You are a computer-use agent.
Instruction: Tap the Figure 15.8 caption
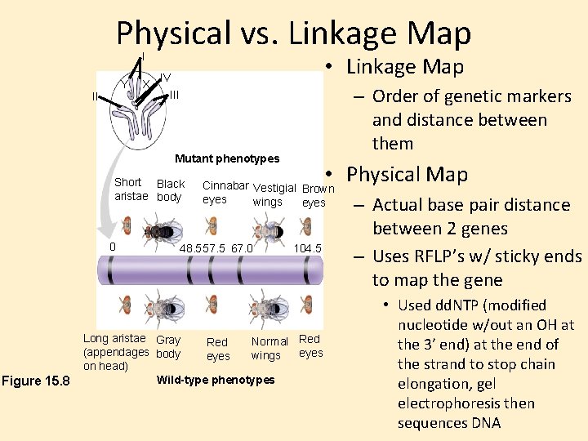(37, 381)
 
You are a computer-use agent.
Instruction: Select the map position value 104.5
(309, 248)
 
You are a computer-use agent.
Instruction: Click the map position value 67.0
(243, 248)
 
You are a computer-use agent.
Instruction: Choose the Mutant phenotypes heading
(227, 158)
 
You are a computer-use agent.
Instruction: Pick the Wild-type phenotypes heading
(216, 380)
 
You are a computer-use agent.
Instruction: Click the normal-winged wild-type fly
(267, 306)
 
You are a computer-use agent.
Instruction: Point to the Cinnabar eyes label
(225, 192)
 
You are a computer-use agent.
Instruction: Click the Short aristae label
(131, 189)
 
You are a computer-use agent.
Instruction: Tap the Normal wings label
(269, 348)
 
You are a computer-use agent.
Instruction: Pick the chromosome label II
(96, 96)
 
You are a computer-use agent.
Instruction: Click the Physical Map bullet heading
(407, 175)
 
